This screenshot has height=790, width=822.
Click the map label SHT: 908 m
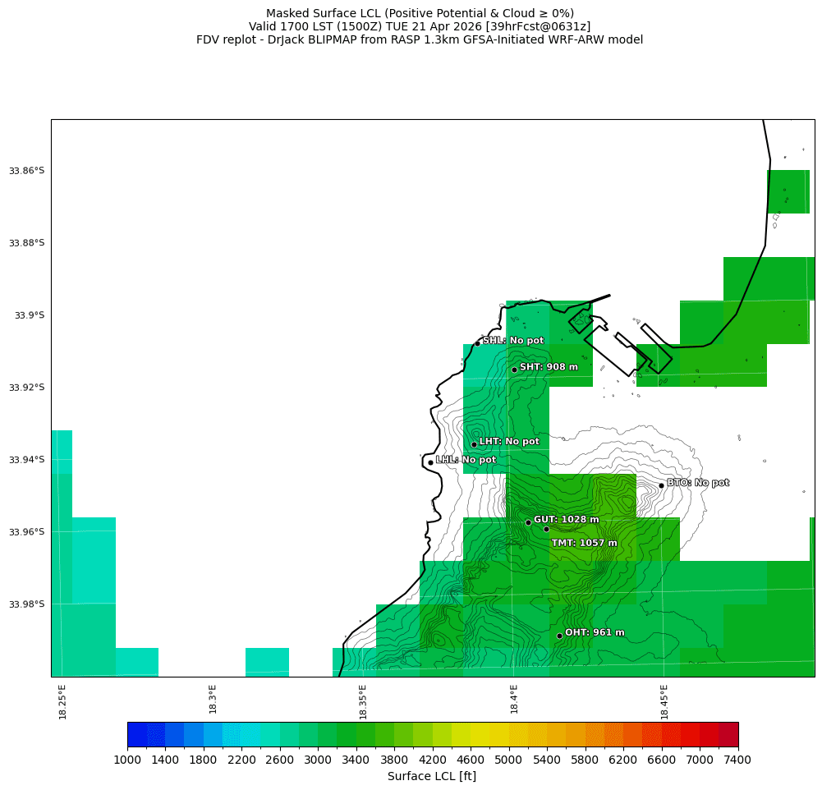coord(549,367)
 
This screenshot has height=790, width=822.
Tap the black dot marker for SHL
coord(477,343)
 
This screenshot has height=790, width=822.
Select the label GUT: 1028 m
coord(566,520)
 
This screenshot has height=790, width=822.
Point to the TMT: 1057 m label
coord(584,543)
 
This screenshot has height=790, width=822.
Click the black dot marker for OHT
coord(559,636)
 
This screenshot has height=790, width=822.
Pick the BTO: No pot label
coord(697,483)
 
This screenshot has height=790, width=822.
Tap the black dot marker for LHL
coord(430,462)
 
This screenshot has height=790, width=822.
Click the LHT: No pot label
coord(509,442)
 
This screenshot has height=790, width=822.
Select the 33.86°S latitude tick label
coord(26,171)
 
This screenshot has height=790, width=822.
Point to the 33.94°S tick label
coord(26,460)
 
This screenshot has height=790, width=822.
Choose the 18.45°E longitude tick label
coord(664,701)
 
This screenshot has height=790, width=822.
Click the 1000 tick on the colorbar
coord(127,761)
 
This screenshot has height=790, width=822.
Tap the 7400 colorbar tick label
coord(737,761)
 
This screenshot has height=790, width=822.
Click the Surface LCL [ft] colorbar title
coord(431,776)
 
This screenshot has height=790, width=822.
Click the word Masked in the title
coord(287,13)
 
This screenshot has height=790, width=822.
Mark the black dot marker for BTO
coord(661,485)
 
